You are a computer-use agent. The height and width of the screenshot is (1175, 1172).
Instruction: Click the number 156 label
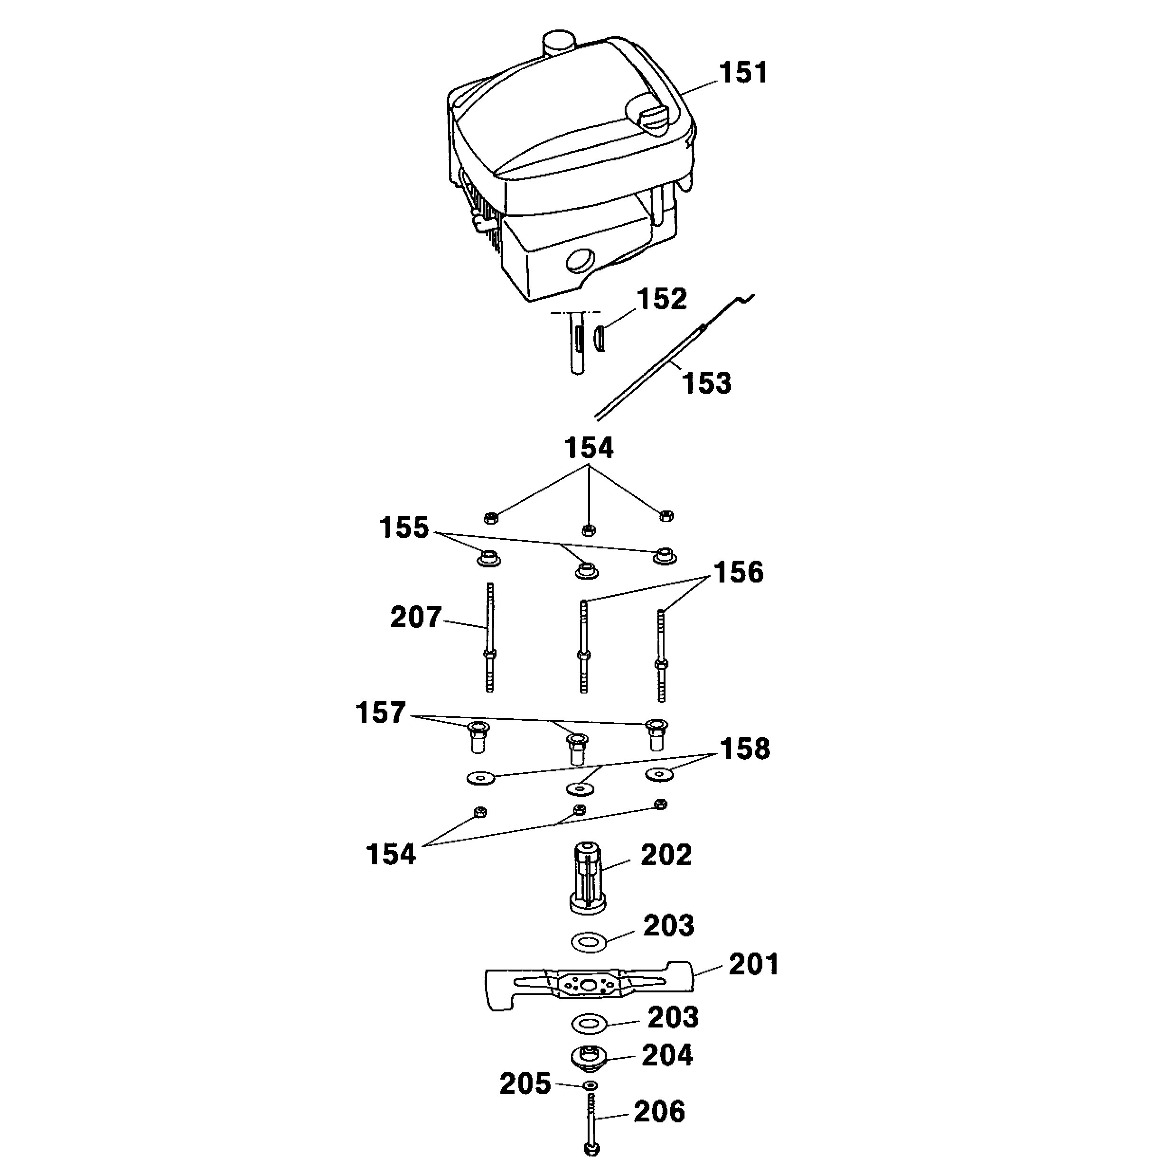point(738,572)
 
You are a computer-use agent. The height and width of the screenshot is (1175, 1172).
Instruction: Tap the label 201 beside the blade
point(754,964)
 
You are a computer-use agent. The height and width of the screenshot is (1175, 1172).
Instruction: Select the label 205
point(525,1084)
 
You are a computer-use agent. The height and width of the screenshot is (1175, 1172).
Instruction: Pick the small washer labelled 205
point(590,1086)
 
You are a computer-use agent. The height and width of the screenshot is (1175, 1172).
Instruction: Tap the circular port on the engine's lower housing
point(580,261)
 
